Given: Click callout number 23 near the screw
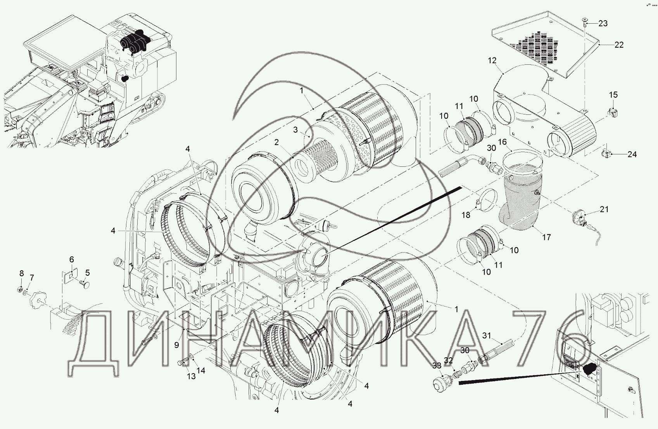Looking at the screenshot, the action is tap(603, 23).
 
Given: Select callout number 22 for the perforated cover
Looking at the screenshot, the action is tap(619, 45).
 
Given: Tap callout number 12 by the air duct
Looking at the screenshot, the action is tap(492, 61).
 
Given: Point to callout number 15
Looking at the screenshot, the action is tap(613, 95).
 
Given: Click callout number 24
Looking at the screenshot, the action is tap(632, 154).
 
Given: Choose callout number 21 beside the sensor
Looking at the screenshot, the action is tap(604, 209).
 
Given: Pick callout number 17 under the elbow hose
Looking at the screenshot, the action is tap(546, 237).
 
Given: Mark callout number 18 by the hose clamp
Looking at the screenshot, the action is tap(466, 215).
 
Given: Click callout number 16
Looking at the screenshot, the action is tap(502, 142).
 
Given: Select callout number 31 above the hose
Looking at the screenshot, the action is tap(487, 335).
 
